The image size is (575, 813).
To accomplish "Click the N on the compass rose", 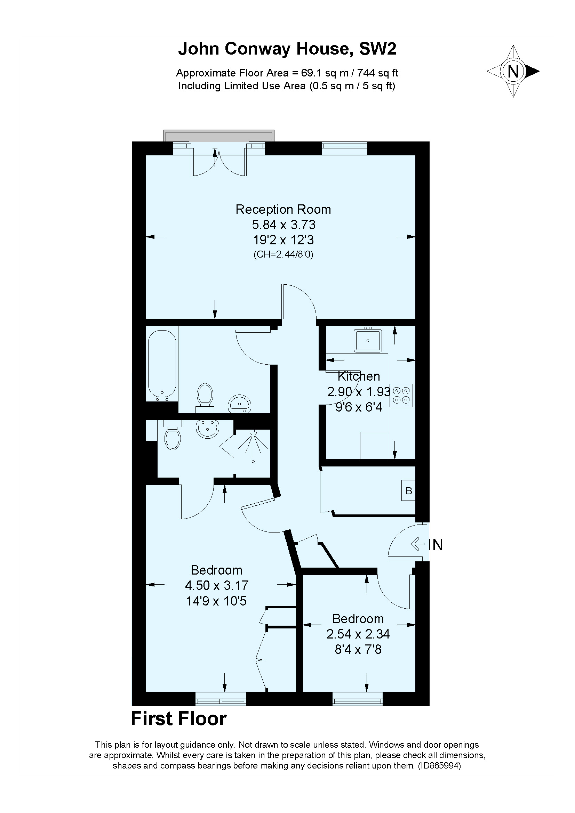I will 513,72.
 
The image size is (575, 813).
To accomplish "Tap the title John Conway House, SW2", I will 287,49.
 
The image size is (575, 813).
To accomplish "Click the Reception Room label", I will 283,209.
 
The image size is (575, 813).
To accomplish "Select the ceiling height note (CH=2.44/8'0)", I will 283,254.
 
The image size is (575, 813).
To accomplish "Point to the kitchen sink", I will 368,340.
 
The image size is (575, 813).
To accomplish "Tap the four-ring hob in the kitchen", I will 401,395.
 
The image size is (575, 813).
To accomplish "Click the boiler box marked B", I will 408,490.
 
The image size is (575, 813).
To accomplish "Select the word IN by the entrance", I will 436,545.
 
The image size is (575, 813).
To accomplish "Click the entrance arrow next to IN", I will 418,544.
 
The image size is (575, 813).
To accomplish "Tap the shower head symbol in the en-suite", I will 253,433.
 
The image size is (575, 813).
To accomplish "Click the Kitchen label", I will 359,376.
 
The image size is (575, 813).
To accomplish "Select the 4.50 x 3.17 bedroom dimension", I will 216,585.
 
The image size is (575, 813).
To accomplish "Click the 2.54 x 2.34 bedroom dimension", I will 358,634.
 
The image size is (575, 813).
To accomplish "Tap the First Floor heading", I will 179,719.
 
